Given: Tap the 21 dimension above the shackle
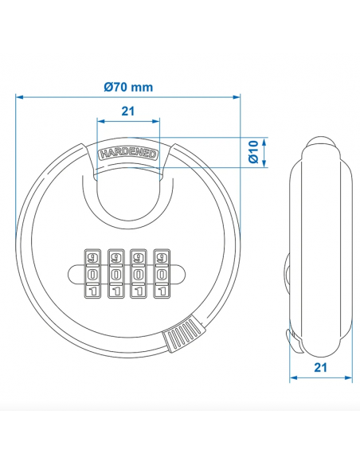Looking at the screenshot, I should (x=128, y=113).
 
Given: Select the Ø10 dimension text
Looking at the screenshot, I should (x=252, y=152).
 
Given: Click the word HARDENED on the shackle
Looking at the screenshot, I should (x=128, y=152).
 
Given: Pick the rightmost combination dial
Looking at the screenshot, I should (x=162, y=273).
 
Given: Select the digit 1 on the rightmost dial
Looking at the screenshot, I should (x=162, y=290).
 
